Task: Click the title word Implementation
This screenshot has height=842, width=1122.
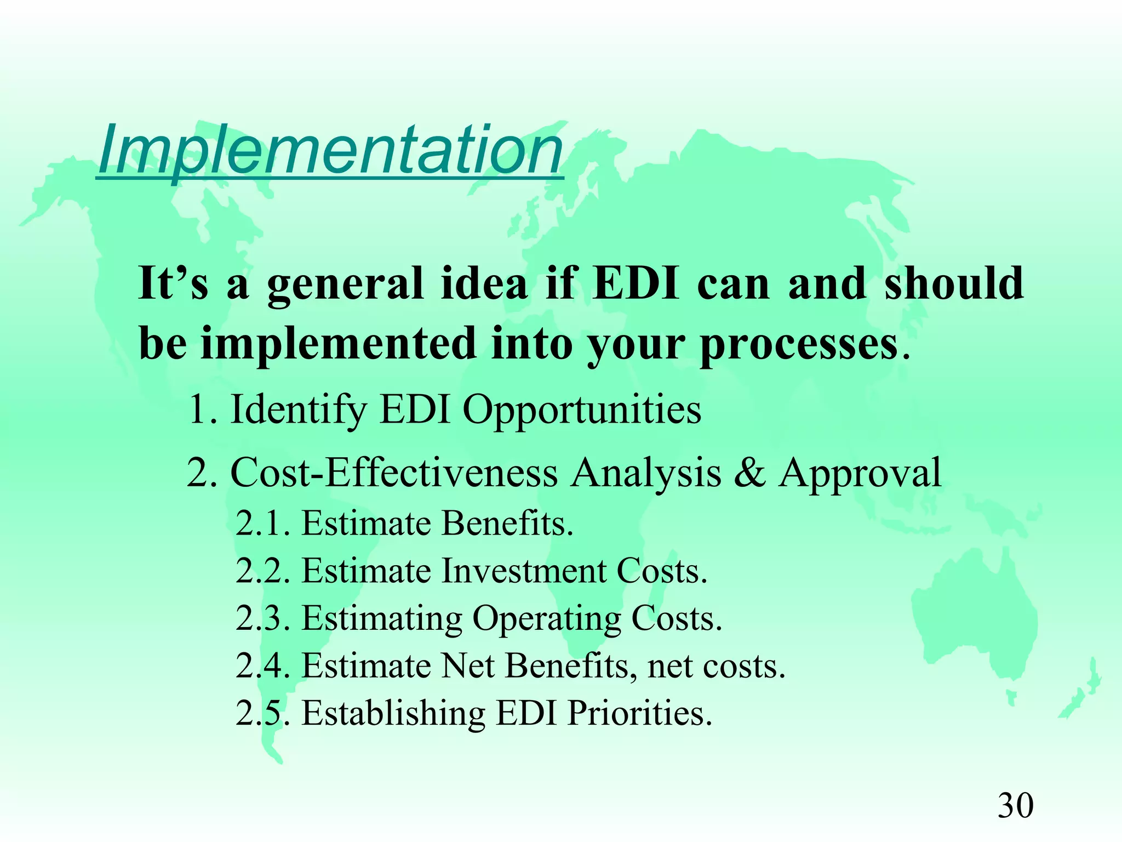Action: (x=330, y=149)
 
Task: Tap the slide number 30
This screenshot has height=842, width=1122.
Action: (x=1015, y=806)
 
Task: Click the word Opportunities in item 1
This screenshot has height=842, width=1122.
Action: (x=582, y=409)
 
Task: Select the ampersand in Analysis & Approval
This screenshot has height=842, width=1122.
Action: (x=749, y=473)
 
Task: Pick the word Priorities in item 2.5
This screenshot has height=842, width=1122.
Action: (x=639, y=714)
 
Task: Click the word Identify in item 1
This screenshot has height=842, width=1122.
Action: (x=298, y=411)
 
